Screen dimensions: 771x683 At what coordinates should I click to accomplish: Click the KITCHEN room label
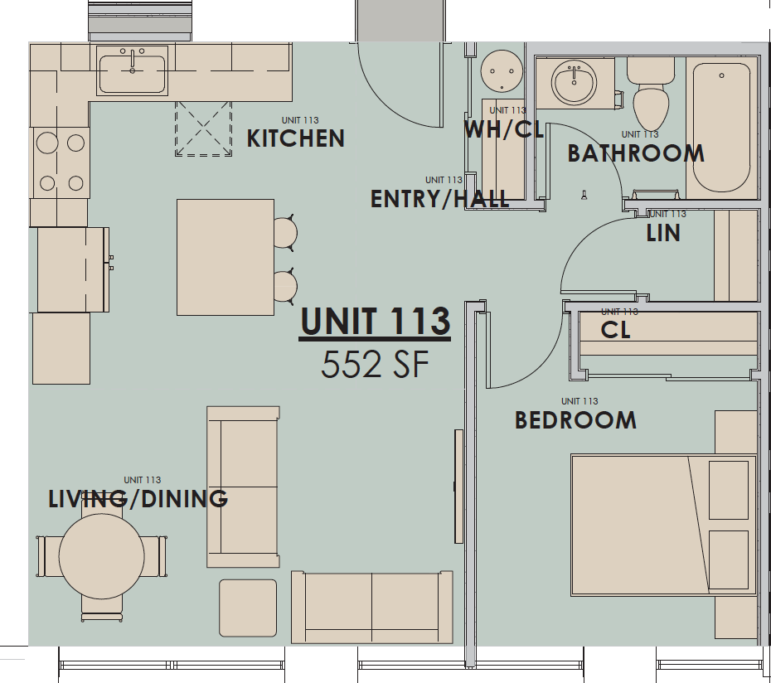(295, 138)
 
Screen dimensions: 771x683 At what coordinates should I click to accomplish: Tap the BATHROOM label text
(636, 153)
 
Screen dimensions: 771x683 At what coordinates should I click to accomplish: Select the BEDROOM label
(576, 420)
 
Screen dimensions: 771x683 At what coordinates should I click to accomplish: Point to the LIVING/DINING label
(138, 499)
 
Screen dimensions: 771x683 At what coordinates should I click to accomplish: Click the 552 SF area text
(375, 365)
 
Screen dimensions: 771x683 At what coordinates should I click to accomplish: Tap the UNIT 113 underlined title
(376, 322)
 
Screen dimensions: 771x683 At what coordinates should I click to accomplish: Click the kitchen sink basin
(133, 74)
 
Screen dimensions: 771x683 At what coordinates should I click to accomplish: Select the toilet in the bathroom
(651, 94)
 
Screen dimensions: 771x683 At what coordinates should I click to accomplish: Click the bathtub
(721, 128)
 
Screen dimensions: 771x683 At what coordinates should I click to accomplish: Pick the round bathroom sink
(574, 82)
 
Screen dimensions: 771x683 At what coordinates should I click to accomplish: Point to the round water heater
(502, 70)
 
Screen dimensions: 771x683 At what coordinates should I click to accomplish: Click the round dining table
(102, 556)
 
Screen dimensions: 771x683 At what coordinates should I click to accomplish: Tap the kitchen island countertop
(225, 257)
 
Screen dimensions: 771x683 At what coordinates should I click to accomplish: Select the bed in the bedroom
(663, 526)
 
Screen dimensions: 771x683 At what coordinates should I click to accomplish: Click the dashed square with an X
(203, 128)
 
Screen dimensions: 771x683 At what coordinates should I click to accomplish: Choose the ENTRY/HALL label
(439, 199)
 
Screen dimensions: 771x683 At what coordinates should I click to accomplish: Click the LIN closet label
(663, 233)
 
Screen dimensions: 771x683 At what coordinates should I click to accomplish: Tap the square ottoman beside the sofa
(248, 608)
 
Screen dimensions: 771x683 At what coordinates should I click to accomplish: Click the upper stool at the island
(285, 233)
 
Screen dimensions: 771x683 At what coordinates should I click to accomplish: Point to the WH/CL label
(504, 129)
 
